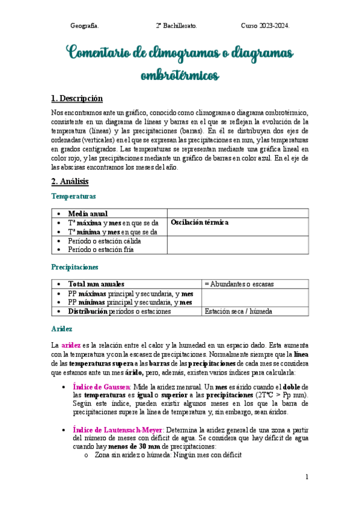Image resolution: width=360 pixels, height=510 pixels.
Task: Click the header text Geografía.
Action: pos(85,26)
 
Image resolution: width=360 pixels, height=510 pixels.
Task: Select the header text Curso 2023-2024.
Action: pos(265,26)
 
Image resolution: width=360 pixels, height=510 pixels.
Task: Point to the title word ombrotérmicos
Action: pos(180,76)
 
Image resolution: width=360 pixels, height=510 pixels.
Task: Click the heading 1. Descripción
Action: pos(77,98)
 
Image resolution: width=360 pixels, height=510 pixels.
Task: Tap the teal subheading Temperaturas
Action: pos(73,196)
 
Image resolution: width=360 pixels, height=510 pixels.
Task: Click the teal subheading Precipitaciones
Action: pos(75,267)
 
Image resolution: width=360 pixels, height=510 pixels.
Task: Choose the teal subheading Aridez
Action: pos(62,329)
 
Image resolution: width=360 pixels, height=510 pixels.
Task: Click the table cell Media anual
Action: pos(88,214)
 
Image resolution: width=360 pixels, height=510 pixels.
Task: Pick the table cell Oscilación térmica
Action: pos(200,223)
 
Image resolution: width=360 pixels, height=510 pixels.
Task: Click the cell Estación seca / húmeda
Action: pos(238,312)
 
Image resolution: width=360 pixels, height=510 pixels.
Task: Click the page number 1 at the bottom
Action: pos(307,477)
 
